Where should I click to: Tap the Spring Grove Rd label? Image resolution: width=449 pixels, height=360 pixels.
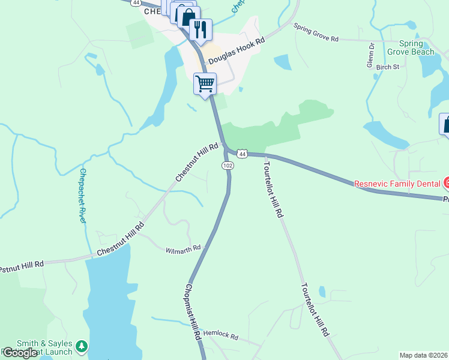click(316, 32)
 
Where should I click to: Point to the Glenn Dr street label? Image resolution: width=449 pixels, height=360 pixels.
click(370, 55)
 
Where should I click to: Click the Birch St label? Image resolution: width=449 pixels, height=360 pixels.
click(387, 67)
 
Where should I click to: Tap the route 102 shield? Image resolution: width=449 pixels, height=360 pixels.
click(228, 166)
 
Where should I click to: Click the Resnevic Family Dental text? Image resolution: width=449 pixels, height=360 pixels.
click(397, 184)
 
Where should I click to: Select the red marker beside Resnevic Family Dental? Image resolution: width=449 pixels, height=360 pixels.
click(446, 182)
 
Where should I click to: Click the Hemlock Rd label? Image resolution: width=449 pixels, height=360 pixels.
click(221, 337)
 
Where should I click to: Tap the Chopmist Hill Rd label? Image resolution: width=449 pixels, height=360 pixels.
click(193, 312)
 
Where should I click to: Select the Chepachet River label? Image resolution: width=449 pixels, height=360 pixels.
click(83, 196)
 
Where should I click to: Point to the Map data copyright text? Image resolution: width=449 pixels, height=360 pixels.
click(424, 355)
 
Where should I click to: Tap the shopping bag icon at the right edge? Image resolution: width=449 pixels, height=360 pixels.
click(445, 124)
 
